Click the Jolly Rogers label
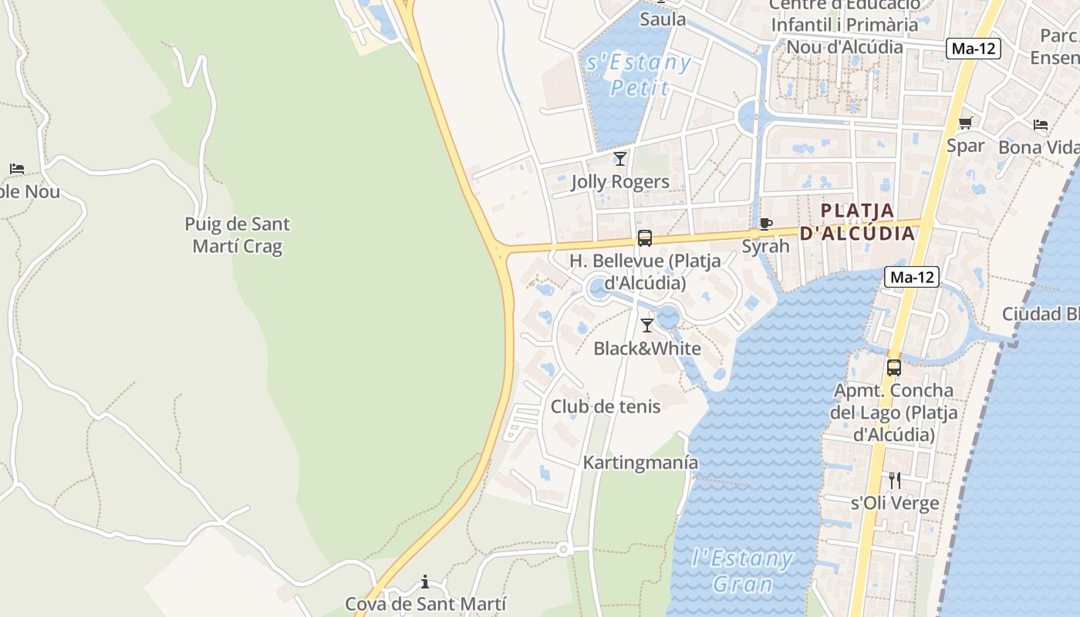(x=620, y=182)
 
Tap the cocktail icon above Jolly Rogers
(x=619, y=159)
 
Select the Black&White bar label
(x=646, y=349)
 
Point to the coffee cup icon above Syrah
(x=765, y=224)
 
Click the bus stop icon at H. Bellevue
(x=645, y=238)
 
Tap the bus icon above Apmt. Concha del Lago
(x=893, y=368)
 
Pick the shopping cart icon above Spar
(x=965, y=123)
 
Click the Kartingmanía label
(x=640, y=463)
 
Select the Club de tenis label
(x=606, y=406)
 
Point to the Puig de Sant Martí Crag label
(x=238, y=235)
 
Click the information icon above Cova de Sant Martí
(x=425, y=582)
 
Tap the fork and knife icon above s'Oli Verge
(x=895, y=480)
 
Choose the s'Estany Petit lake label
(x=639, y=75)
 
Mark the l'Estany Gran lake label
(x=742, y=571)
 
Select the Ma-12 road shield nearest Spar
(x=974, y=49)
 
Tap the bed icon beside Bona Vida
(x=1041, y=125)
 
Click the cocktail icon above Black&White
(x=647, y=325)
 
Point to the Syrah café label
(x=765, y=246)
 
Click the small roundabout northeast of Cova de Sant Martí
(x=563, y=549)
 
